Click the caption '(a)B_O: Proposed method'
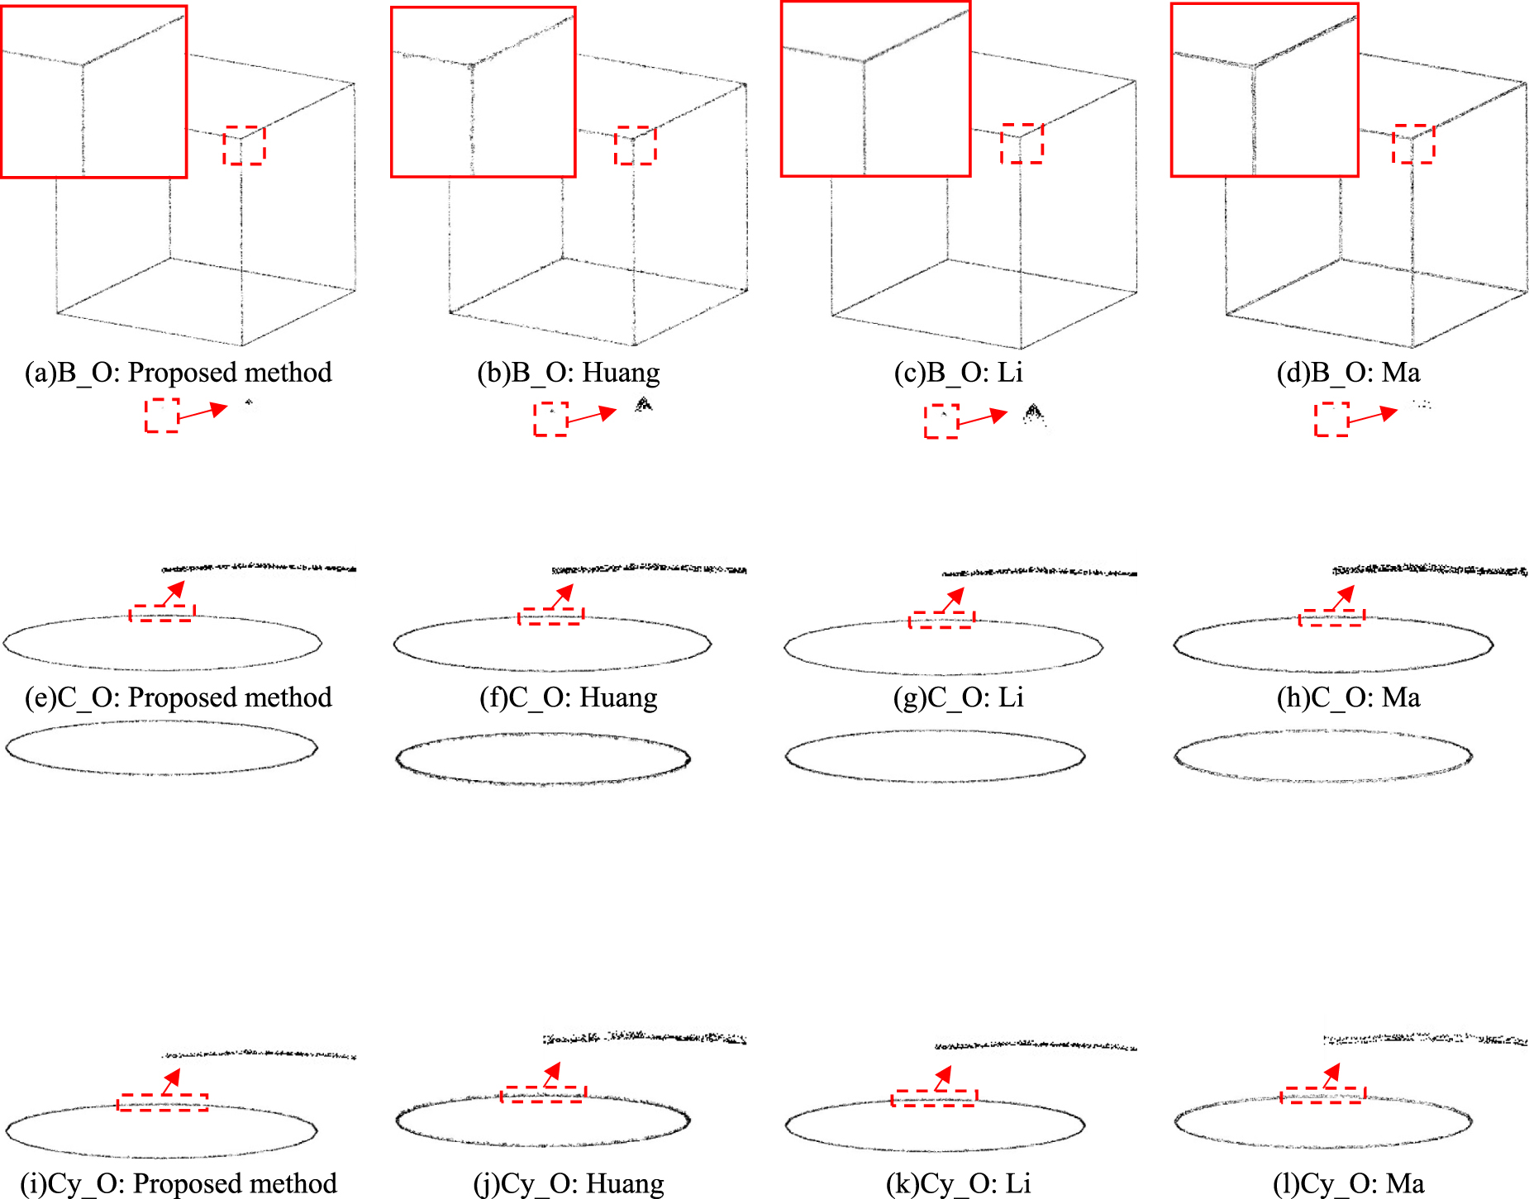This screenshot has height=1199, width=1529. point(178,373)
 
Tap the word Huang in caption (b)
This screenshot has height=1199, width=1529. point(621,373)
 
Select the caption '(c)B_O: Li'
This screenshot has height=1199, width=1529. point(958,373)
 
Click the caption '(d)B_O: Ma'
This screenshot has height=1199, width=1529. point(1348,373)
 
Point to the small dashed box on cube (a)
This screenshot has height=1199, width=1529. point(244,145)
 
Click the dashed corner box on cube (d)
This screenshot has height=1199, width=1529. point(1413,144)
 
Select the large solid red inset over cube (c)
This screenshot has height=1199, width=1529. point(875,89)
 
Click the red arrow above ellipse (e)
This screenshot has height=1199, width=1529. point(174,592)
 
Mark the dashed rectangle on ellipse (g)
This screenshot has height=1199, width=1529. point(941,620)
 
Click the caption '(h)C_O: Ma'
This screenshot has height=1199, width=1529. point(1348,697)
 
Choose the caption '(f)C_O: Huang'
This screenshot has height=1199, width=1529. point(569,697)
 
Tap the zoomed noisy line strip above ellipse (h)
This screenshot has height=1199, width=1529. point(1430,569)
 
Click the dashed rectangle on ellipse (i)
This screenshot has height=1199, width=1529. point(162,1102)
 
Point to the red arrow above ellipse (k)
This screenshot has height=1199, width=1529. point(942,1078)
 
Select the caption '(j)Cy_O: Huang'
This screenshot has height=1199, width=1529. point(569,1183)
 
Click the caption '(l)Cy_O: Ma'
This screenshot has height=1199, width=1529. point(1348,1183)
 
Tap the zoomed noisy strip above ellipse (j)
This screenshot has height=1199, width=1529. point(645,1038)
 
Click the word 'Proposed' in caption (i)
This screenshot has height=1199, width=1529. point(176,1183)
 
